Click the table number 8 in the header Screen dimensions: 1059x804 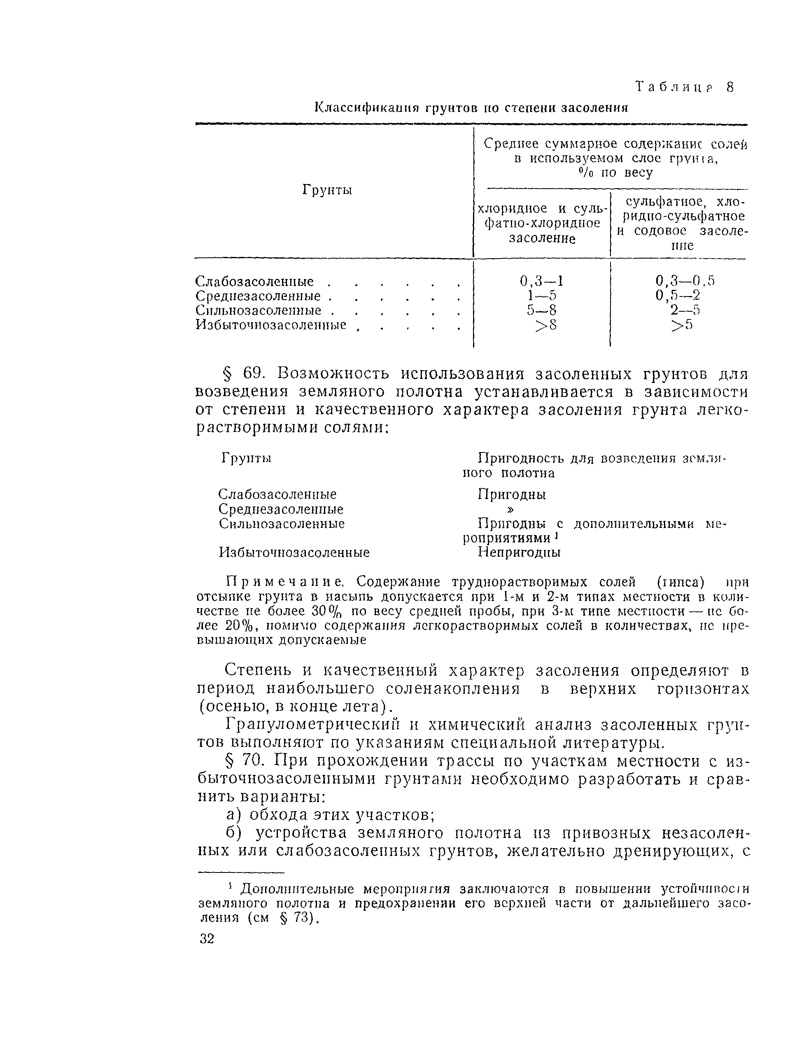729,87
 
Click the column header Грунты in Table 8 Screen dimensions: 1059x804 327,190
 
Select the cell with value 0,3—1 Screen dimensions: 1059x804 541,280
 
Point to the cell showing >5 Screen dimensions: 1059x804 681,326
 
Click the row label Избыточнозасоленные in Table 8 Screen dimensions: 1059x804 271,326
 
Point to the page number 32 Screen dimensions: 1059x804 207,939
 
